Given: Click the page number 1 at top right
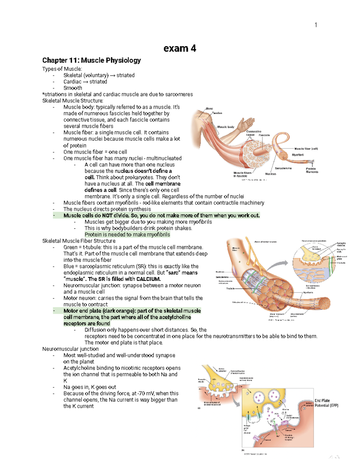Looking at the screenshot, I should coord(316,25).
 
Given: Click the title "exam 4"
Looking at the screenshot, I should coord(180,48).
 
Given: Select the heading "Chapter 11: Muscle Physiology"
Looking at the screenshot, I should coord(91,60).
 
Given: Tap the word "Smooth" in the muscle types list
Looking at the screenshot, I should coord(73,88).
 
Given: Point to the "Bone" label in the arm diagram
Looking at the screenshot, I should coord(209,109).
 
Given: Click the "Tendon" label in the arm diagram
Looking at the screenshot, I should coord(217,113).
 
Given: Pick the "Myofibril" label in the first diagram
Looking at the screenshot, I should coord(298,155).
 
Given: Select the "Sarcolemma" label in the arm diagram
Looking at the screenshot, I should coord(283,168).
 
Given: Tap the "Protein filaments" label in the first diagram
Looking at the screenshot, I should coord(312,170).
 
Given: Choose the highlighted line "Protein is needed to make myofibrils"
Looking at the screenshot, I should coord(127,235).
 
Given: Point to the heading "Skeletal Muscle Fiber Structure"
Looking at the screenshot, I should coord(79,241).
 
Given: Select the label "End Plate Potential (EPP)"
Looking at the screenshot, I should coord(326,403).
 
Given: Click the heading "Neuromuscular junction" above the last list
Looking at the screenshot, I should coord(70,349).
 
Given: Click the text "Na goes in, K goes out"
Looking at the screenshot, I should coord(90,387).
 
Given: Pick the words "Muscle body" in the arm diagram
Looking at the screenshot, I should coord(226,127).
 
